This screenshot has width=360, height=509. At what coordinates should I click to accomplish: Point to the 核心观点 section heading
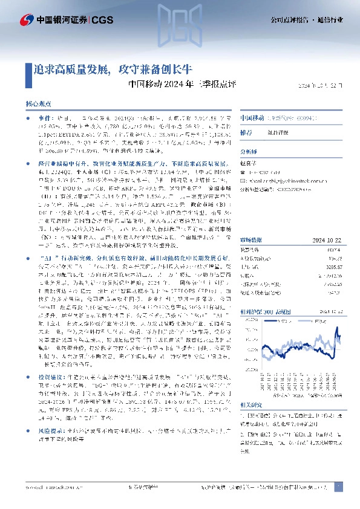[x=39, y=105]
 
